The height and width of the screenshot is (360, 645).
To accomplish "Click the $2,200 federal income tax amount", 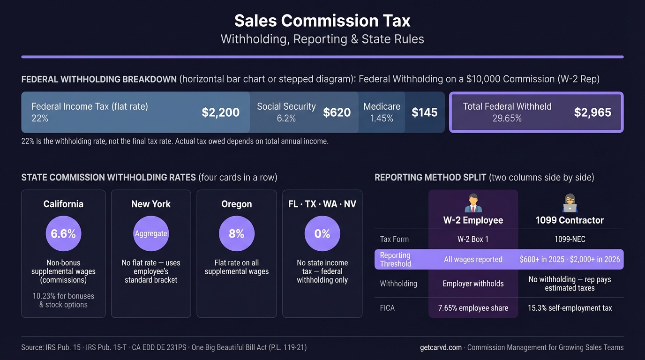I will pyautogui.click(x=220, y=112).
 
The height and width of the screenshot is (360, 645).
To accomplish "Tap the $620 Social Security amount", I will pyautogui.click(x=337, y=112).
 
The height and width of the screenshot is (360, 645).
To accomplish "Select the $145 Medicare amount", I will pyautogui.click(x=424, y=112).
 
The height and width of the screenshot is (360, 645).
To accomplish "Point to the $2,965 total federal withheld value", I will pyautogui.click(x=592, y=112).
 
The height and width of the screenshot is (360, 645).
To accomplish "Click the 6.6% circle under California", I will pyautogui.click(x=63, y=233).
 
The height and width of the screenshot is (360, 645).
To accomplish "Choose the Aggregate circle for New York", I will pyautogui.click(x=151, y=233).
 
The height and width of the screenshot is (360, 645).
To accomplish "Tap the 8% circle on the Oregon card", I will pyautogui.click(x=237, y=233).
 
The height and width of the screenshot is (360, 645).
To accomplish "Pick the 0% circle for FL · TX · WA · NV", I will pyautogui.click(x=322, y=233).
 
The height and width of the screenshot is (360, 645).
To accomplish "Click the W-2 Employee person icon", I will pyautogui.click(x=473, y=203).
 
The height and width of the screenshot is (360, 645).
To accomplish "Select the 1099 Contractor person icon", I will pyautogui.click(x=570, y=203).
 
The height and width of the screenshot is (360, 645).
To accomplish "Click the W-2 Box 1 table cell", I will pyautogui.click(x=473, y=239).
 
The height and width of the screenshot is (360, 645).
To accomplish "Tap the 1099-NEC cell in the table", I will pyautogui.click(x=570, y=239).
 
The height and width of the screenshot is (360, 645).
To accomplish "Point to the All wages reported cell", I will pyautogui.click(x=473, y=259).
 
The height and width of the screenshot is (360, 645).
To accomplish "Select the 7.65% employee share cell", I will pyautogui.click(x=473, y=308).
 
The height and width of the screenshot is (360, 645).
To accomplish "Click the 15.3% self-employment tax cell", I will pyautogui.click(x=570, y=308).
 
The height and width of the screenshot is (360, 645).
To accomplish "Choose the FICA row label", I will pyautogui.click(x=387, y=308).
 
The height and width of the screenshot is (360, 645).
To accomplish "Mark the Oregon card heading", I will pyautogui.click(x=237, y=204).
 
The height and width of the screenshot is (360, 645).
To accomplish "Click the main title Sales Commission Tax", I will pyautogui.click(x=322, y=21).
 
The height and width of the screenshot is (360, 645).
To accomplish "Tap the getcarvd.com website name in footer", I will pyautogui.click(x=441, y=347).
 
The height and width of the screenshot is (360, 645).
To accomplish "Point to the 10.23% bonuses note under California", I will pyautogui.click(x=63, y=300).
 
